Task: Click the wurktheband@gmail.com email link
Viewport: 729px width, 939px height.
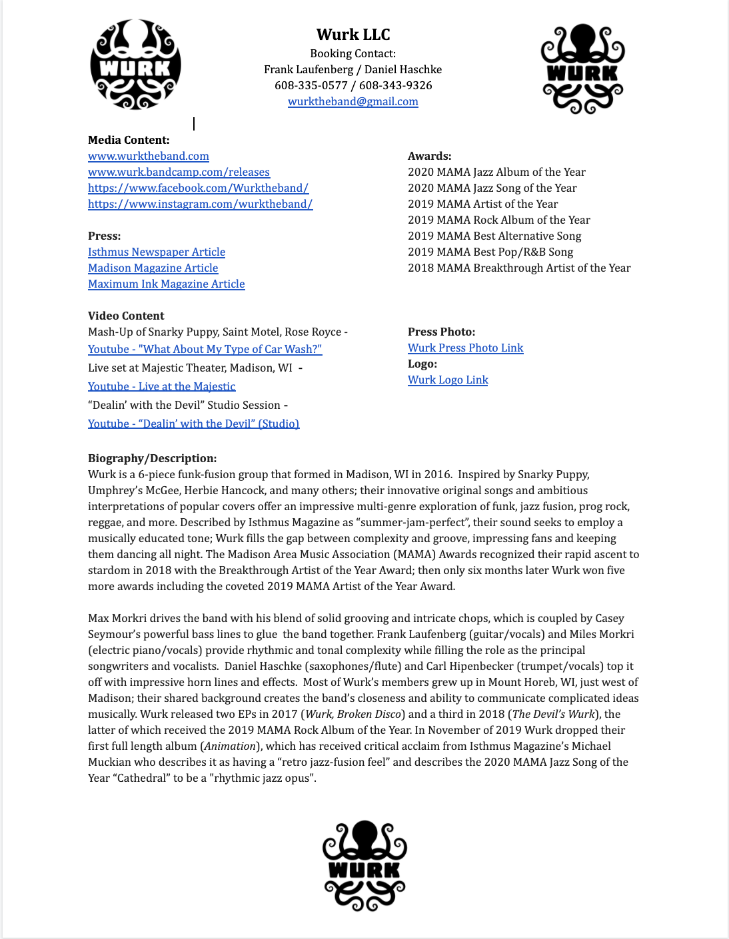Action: [x=353, y=102]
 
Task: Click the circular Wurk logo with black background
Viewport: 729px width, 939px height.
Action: [x=135, y=65]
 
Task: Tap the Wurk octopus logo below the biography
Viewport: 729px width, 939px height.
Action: [x=364, y=865]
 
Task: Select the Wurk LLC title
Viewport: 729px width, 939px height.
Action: [x=353, y=35]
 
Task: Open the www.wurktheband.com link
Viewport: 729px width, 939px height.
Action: [x=149, y=156]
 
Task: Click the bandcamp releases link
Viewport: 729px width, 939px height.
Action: [x=179, y=172]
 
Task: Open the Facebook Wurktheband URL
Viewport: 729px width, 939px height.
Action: [x=198, y=188]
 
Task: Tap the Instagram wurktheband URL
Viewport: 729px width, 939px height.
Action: [x=200, y=204]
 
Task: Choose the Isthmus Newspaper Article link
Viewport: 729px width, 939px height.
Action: [x=157, y=252]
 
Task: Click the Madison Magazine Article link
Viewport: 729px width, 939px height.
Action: [x=153, y=268]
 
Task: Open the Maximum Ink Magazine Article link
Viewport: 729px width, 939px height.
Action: [x=166, y=284]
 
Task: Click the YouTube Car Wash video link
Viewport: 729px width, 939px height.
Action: [x=205, y=349]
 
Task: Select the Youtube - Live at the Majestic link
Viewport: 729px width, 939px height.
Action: [x=161, y=386]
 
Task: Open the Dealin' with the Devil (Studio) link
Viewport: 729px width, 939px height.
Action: [x=193, y=424]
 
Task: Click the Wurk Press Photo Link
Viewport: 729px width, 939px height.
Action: [x=465, y=348]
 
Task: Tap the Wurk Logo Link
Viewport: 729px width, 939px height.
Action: [x=448, y=380]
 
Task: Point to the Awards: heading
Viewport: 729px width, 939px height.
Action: [x=429, y=156]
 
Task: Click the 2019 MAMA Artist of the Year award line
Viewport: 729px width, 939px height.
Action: [x=482, y=204]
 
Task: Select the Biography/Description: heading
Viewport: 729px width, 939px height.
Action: [x=152, y=458]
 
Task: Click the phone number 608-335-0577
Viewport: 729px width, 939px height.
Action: [x=311, y=85]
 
